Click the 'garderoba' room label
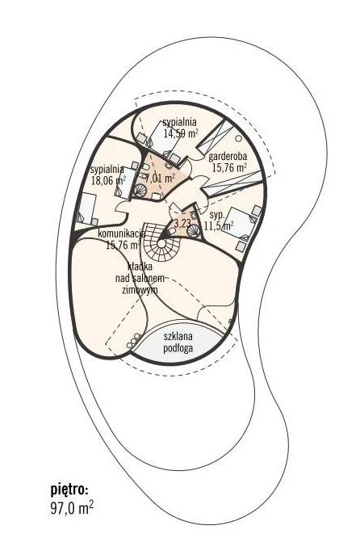pos(228,157)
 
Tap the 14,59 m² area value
pos(181,133)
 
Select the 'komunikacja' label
pos(122,234)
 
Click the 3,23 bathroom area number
pos(182,223)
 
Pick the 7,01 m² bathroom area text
pos(160,178)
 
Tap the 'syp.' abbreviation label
pos(217,216)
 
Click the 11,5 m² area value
pos(219,225)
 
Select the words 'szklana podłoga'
pos(178,342)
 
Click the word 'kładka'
pos(140,267)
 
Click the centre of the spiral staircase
pos(161,243)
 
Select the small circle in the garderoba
pos(240,138)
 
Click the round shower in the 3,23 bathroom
pos(194,230)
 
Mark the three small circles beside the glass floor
pos(134,340)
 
